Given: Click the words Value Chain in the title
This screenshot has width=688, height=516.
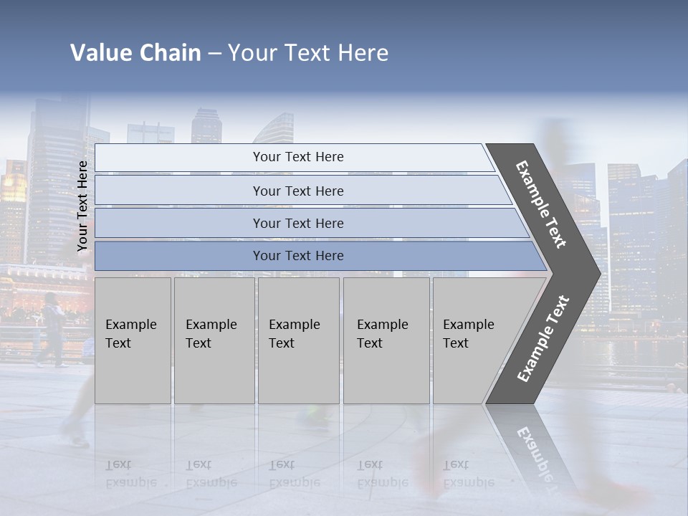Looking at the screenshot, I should pos(135,53).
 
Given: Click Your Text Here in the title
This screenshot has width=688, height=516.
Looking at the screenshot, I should pos(308,53).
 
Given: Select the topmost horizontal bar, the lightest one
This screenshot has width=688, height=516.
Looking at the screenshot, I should pos(298,157).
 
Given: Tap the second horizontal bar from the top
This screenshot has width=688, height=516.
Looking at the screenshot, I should pos(298,191).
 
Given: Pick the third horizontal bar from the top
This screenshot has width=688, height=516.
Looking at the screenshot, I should pos(298,223).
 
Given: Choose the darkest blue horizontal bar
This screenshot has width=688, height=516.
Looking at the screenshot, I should pos(298,256).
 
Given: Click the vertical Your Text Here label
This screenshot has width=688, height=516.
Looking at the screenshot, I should pos(83,206).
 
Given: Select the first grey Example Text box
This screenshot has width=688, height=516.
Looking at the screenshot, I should pos(133,340).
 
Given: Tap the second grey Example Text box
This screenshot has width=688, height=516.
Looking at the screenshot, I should pos(214,340).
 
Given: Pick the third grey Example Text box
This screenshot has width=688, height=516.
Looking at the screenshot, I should pos(298,340).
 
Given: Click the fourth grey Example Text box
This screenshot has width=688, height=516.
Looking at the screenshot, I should pos(386,340).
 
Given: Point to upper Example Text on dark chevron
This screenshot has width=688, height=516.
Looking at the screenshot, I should pos(541,204).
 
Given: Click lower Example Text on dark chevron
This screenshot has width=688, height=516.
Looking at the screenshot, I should pos(543,339).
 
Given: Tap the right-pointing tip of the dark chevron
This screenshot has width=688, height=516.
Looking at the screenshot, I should pos(596,273).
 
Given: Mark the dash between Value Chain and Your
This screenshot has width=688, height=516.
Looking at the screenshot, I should pos(214,54).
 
